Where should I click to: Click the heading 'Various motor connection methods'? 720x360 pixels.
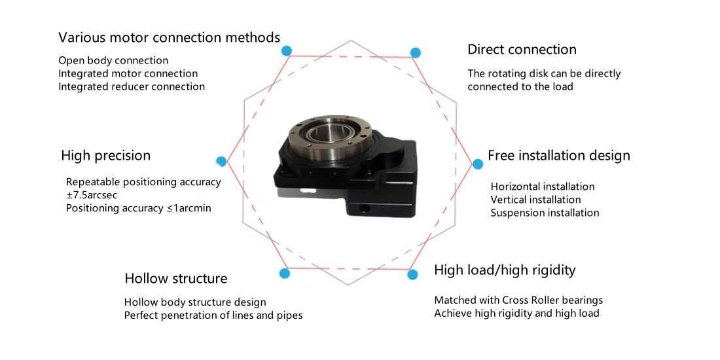169,38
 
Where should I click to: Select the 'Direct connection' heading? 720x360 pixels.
522,49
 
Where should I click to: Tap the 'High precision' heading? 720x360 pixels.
105,156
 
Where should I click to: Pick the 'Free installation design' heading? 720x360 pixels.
559,156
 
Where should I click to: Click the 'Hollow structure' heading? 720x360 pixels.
176,278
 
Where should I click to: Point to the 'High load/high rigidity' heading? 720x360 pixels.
505,270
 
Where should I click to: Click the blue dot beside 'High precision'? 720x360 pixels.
221,161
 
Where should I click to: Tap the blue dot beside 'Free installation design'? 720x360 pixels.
478,164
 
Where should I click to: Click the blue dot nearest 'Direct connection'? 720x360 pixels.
416,52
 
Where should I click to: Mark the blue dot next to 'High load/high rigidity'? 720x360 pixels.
413,275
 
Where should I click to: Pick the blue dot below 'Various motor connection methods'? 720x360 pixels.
287,50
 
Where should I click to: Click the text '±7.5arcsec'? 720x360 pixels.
92,195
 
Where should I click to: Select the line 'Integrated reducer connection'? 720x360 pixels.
132,87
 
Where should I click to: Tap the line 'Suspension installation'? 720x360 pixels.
545,213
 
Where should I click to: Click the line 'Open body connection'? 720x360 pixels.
113,61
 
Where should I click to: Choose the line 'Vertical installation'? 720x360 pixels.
536,200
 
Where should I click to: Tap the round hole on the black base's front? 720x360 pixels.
365,209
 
